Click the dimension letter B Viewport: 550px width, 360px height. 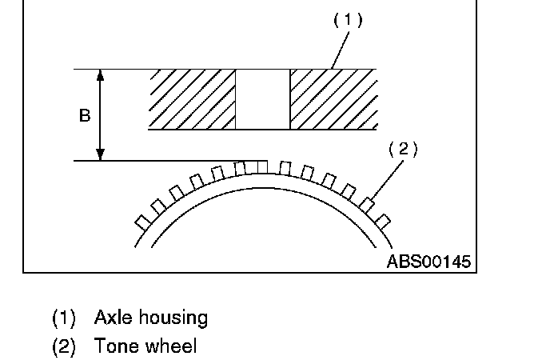tap(85, 115)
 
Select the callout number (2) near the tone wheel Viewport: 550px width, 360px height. tap(403, 150)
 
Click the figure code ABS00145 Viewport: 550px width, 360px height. tap(428, 262)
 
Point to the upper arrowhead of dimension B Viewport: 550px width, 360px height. tap(100, 74)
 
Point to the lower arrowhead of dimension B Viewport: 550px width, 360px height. tap(100, 155)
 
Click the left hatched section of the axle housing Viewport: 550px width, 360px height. tap(192, 99)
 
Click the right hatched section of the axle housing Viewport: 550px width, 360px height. tap(332, 99)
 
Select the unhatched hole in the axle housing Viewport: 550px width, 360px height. tap(262, 99)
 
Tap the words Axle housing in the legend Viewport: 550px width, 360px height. tap(151, 318)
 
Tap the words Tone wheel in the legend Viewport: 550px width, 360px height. tap(145, 346)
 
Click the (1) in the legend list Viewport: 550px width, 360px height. tap(63, 318)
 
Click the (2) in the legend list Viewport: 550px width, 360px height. tap(63, 346)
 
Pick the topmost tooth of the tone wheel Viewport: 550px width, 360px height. tap(262, 166)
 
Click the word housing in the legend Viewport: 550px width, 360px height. tap(173, 318)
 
